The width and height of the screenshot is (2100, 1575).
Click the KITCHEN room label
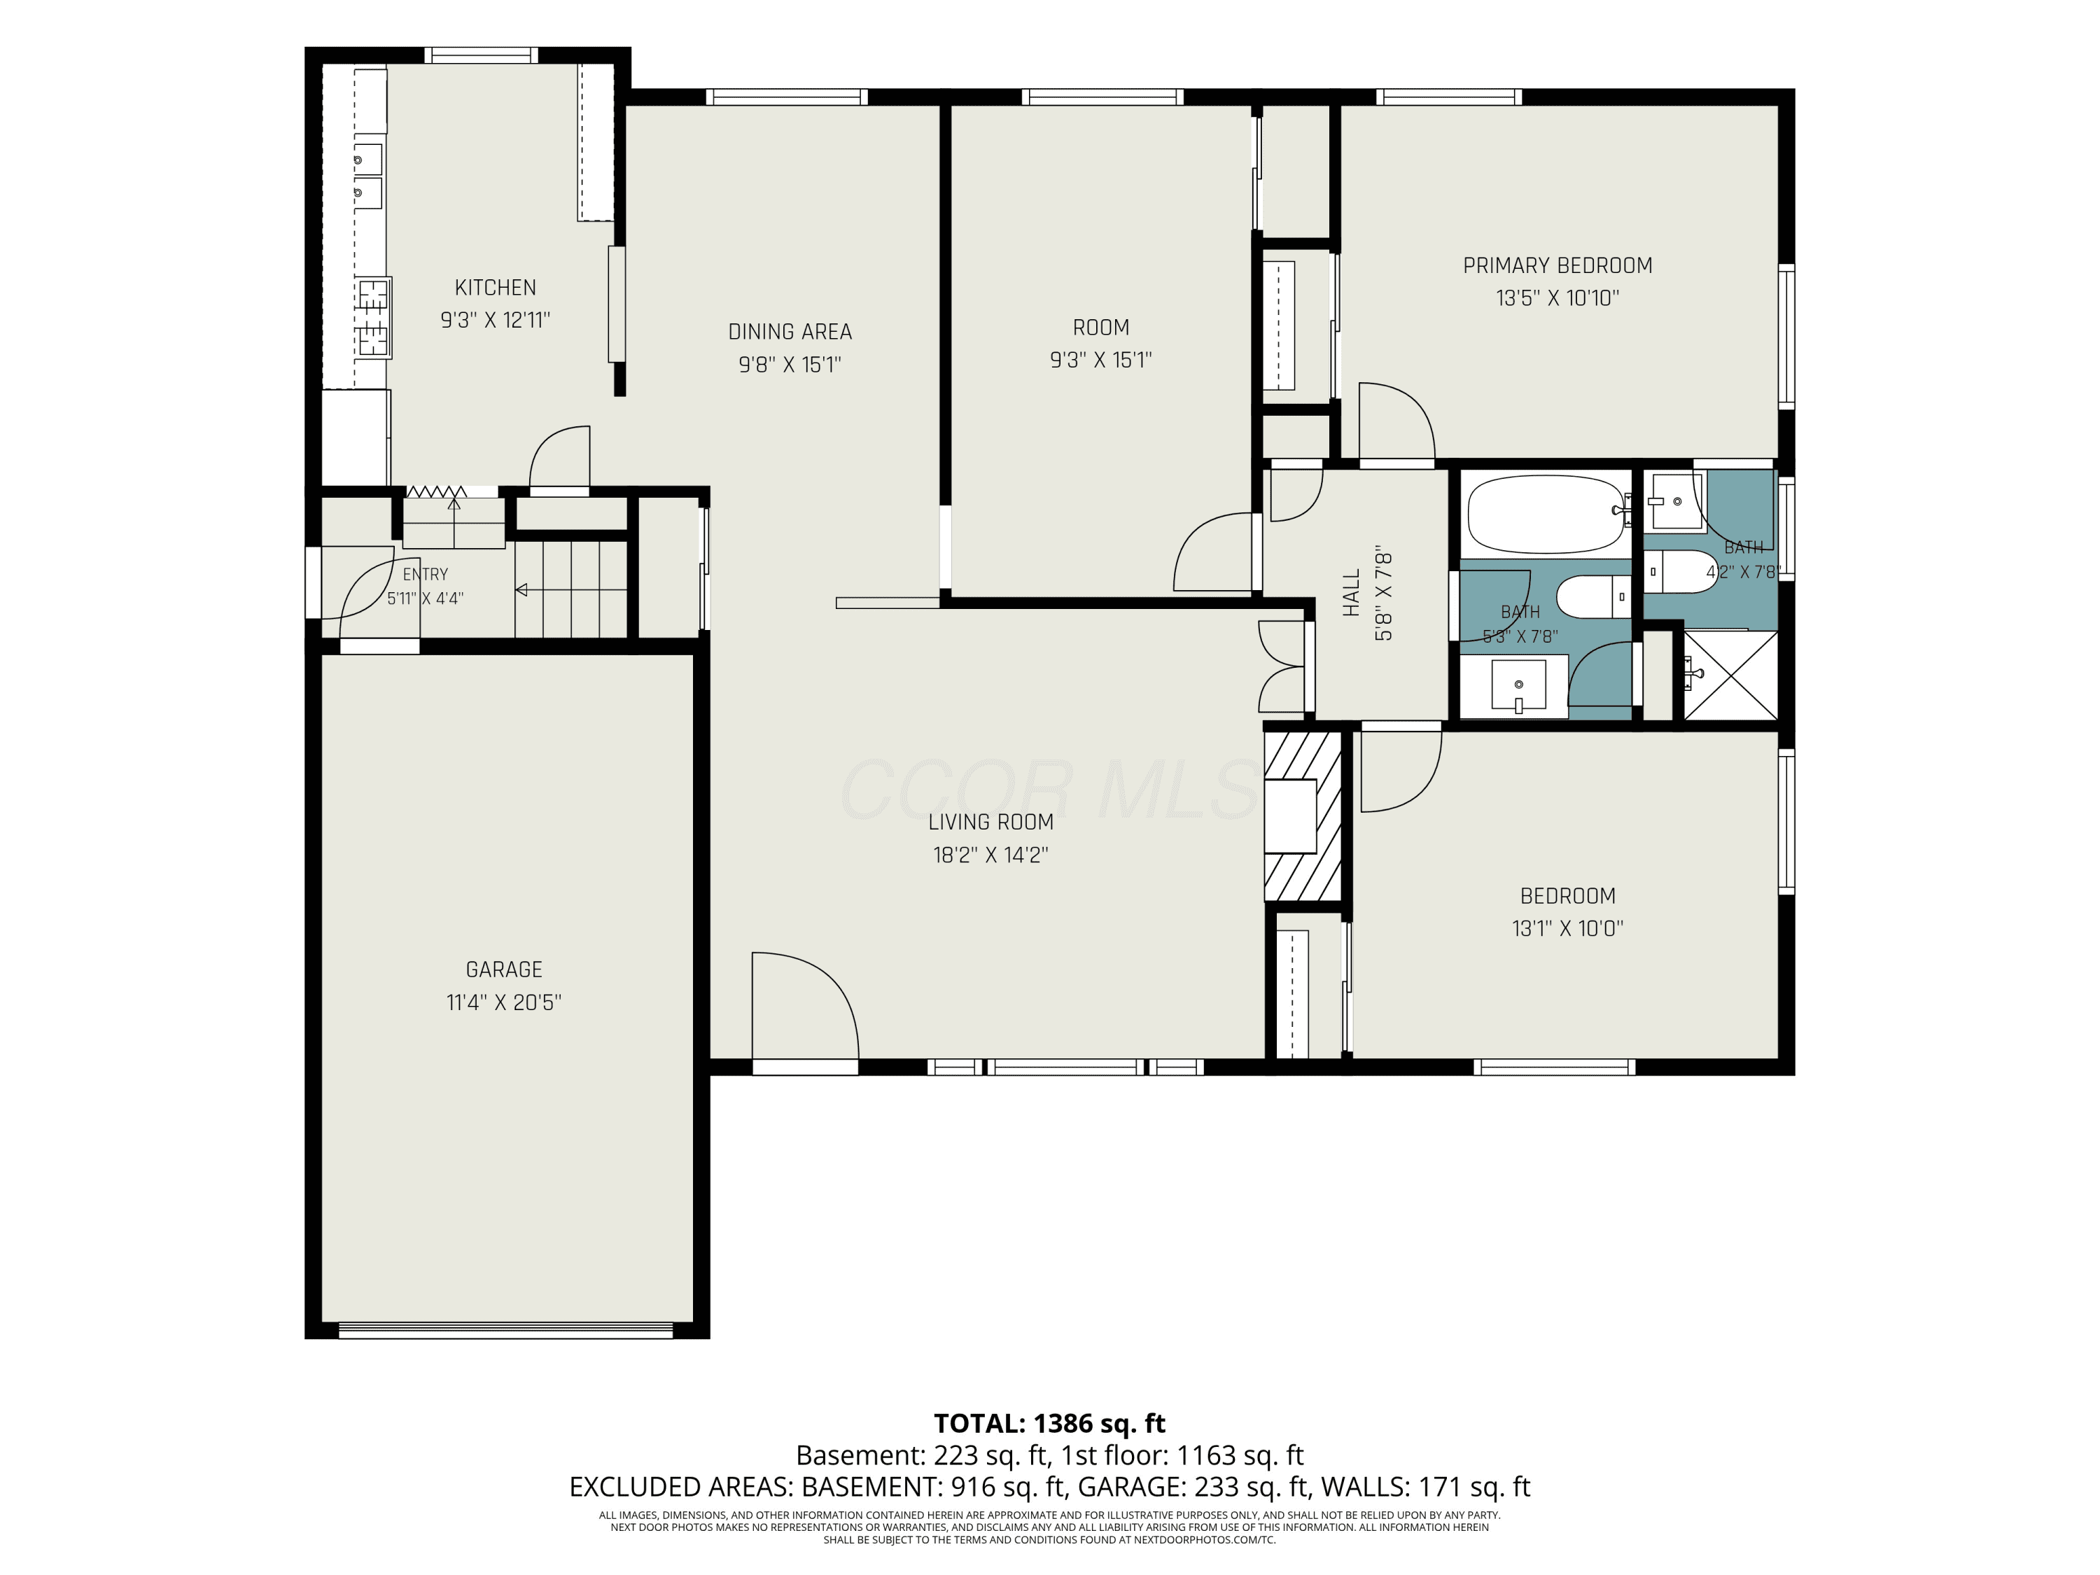[495, 288]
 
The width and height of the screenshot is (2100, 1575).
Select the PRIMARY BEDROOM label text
[1557, 266]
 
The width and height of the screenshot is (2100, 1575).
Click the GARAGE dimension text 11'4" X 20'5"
[504, 1002]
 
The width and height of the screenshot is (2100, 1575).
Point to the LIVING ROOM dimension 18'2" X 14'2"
[990, 855]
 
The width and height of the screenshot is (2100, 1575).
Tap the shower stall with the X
[1730, 675]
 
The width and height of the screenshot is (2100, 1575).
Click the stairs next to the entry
[570, 589]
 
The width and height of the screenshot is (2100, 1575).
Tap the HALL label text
[1352, 594]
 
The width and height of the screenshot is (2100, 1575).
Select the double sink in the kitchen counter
[368, 176]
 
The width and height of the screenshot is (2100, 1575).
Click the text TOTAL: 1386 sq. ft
[1049, 1424]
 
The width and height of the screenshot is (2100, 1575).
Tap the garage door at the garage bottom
[506, 1330]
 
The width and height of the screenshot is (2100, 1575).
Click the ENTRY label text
[426, 575]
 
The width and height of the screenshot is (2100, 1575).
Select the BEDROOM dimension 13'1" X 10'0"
[1567, 928]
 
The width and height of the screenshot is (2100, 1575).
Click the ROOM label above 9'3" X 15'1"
[1100, 328]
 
